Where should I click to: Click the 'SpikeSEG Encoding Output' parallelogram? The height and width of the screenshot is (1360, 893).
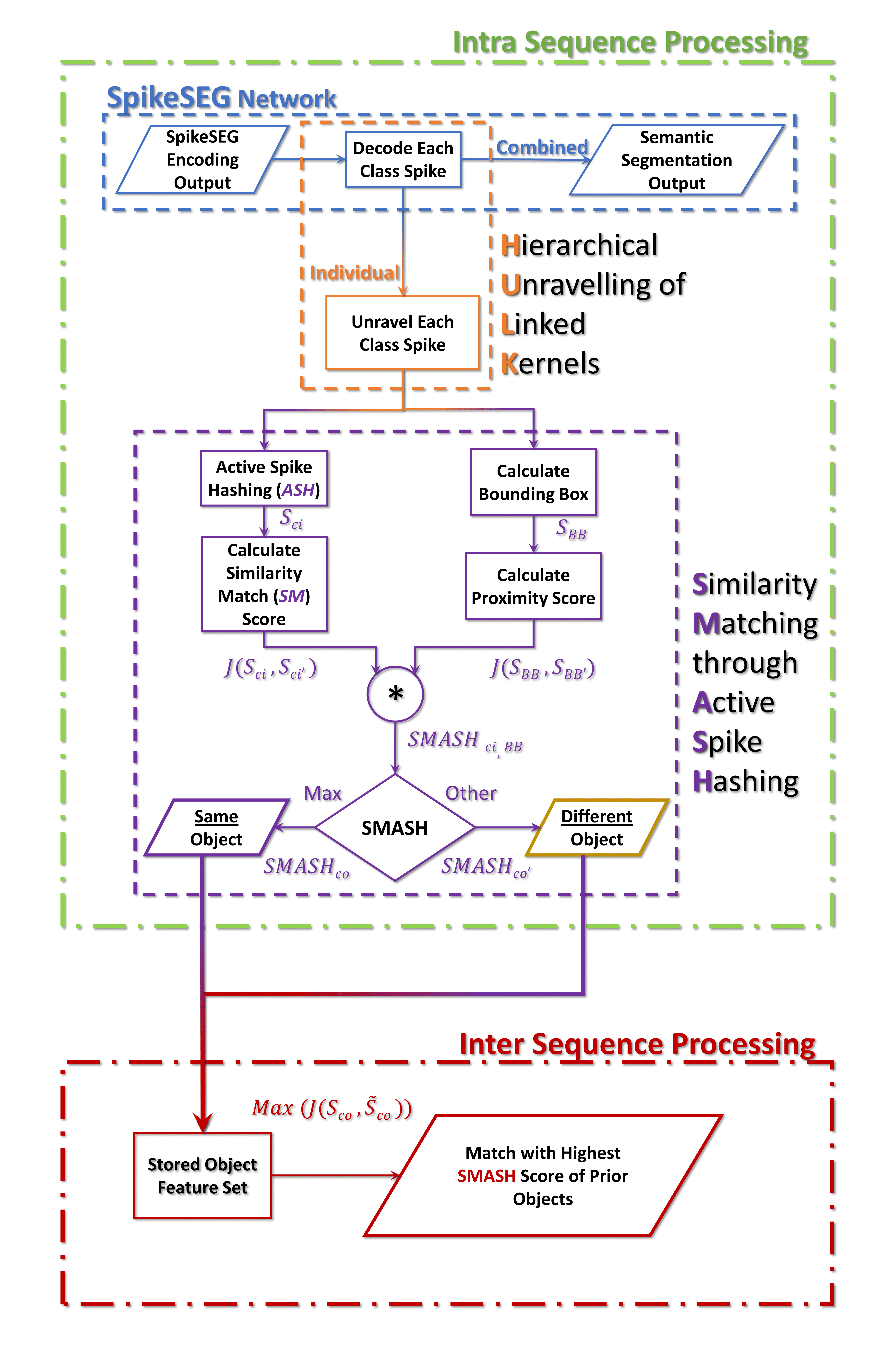(x=202, y=159)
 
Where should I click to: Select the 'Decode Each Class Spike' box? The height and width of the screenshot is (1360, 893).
(x=403, y=159)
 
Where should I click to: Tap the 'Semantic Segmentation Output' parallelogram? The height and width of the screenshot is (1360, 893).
(x=677, y=160)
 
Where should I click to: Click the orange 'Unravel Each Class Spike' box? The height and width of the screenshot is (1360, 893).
(x=402, y=333)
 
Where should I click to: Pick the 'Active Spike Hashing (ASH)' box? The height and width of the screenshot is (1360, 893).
(x=264, y=478)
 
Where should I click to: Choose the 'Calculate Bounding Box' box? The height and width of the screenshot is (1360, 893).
(x=533, y=482)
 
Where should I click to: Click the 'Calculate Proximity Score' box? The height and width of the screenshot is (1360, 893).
(x=533, y=586)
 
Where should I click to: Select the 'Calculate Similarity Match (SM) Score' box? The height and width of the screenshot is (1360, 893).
(x=264, y=584)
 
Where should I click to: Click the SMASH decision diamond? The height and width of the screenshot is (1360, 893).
(x=395, y=827)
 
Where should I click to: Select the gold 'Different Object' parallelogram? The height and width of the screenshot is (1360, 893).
(x=596, y=827)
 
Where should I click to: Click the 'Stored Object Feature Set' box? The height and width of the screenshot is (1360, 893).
(x=202, y=1175)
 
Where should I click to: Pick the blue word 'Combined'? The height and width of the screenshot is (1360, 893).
(x=542, y=147)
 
